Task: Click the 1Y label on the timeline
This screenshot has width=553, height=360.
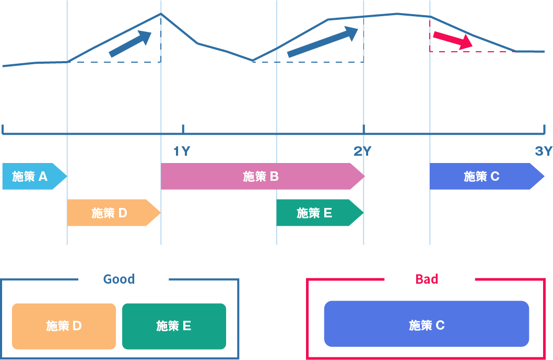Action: (182, 152)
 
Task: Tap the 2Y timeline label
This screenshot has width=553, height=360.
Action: (362, 152)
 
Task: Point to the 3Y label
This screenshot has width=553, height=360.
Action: (543, 152)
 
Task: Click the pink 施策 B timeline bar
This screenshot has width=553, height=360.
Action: (261, 177)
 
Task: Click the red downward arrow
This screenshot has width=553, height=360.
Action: (452, 40)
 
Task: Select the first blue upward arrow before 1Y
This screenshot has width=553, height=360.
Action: (130, 43)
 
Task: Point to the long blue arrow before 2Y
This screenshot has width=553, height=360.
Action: (322, 42)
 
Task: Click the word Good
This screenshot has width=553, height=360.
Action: (119, 279)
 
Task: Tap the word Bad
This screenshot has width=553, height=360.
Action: (427, 279)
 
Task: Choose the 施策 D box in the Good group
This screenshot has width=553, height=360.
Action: (64, 326)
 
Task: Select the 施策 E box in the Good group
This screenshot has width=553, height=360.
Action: (174, 326)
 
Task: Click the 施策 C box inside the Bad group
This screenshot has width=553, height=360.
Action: (427, 324)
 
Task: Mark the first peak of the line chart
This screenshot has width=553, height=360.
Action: (161, 14)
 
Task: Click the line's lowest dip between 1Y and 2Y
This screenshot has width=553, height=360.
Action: (253, 61)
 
